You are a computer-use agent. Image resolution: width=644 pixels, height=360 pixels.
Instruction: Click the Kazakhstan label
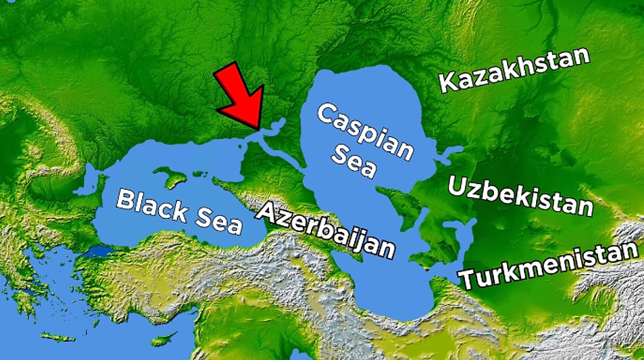[x=515, y=70]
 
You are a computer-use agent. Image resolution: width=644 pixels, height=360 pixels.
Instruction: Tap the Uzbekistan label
[x=520, y=195]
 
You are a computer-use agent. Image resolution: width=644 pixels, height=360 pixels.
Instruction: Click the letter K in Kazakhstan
[x=448, y=83]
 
